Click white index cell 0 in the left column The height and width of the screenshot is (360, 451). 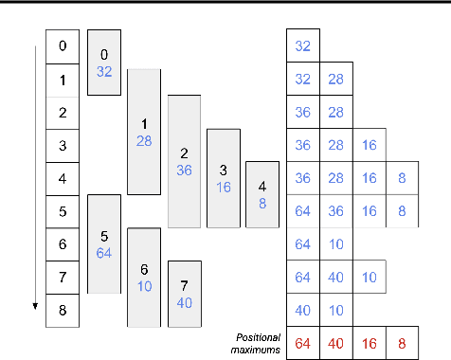click(63, 45)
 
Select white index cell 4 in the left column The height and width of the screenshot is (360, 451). click(63, 178)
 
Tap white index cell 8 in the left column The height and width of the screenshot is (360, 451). click(63, 310)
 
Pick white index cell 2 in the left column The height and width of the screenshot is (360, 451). click(63, 112)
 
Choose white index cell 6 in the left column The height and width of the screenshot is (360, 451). click(63, 244)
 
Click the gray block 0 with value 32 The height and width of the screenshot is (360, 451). click(104, 62)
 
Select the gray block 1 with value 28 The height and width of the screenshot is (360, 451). click(144, 131)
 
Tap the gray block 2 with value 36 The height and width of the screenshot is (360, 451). click(184, 161)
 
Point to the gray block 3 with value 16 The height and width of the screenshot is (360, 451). click(224, 178)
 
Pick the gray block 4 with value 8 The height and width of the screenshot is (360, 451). click(262, 194)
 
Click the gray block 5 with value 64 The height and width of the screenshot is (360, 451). click(104, 243)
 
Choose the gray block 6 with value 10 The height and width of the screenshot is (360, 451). click(144, 277)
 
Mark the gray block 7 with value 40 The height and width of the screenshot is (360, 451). click(184, 294)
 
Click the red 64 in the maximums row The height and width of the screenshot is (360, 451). click(303, 343)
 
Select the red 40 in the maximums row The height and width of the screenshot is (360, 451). click(336, 343)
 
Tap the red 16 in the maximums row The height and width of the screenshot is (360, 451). click(370, 343)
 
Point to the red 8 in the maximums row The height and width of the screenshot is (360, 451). click(403, 343)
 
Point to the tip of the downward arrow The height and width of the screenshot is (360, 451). click(36, 308)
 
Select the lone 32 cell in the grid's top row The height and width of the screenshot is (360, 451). click(303, 45)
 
